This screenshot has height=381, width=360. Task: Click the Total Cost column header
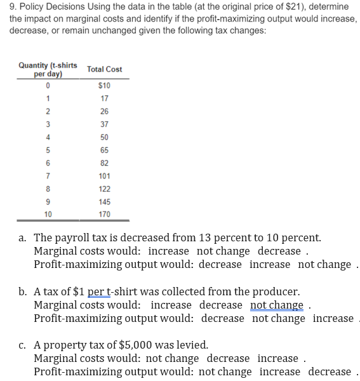[104, 69]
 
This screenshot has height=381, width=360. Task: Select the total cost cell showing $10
[105, 85]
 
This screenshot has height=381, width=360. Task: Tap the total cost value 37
[105, 124]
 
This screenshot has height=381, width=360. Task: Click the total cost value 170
[105, 214]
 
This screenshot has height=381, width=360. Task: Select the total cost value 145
[105, 201]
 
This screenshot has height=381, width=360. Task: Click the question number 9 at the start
[5, 6]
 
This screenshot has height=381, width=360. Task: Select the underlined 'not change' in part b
[277, 305]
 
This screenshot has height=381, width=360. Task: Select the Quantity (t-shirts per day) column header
[48, 69]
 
